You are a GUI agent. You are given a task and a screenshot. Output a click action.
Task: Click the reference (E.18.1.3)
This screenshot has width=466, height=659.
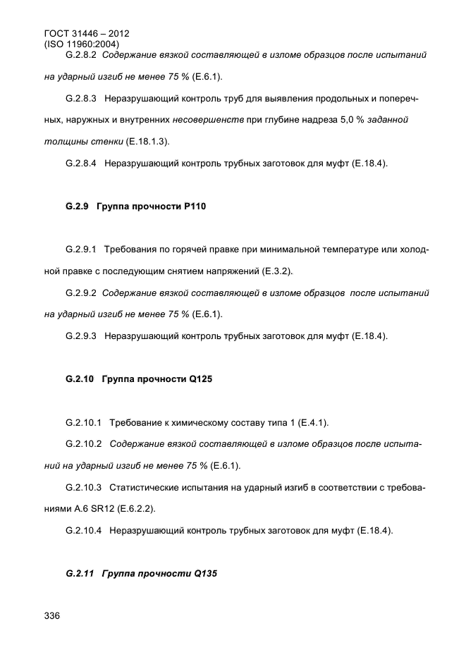pos(147,142)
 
